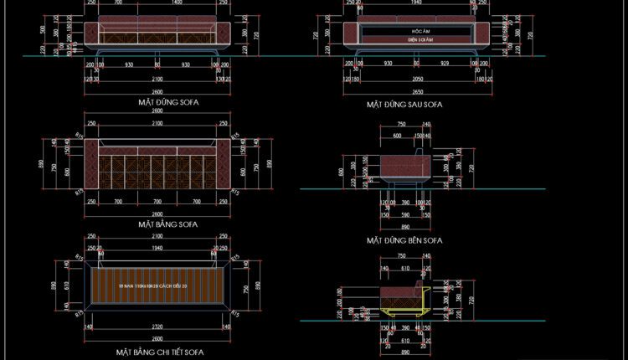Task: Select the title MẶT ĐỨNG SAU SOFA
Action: (404, 105)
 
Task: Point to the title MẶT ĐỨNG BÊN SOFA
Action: (404, 240)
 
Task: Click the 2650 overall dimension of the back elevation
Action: (416, 91)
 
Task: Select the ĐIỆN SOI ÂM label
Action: (416, 39)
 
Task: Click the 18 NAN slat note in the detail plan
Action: (156, 286)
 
